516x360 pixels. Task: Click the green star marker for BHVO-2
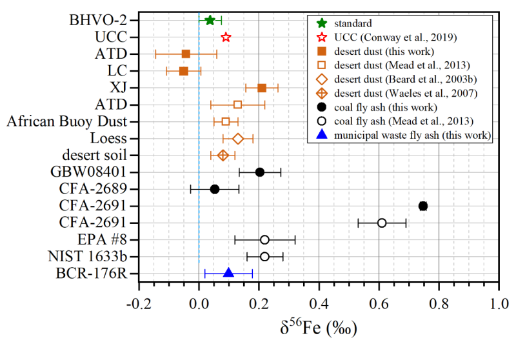210,20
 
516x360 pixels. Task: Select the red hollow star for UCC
226,37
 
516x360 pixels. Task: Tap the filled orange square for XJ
262,88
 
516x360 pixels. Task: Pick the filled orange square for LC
183,70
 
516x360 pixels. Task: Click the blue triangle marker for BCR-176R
228,273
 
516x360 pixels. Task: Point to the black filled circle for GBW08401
260,172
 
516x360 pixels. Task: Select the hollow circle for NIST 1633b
264,256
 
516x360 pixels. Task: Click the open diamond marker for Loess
238,139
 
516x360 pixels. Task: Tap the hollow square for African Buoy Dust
226,121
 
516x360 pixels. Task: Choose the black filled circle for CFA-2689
215,189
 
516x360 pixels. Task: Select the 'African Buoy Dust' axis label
70,121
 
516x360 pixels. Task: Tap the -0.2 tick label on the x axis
137,302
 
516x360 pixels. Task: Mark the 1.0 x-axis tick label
499,302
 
